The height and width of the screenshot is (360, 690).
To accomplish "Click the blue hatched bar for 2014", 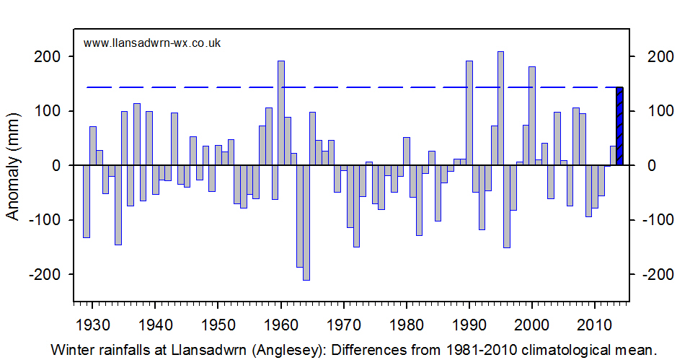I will pos(619,126).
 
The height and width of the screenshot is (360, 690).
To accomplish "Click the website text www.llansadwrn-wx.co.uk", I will pos(152,43).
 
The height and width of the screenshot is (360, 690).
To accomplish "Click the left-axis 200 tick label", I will pos(47,57).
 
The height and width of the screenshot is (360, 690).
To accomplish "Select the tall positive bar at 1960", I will pos(281,113).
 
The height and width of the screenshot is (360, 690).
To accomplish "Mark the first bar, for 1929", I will pos(87,201).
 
